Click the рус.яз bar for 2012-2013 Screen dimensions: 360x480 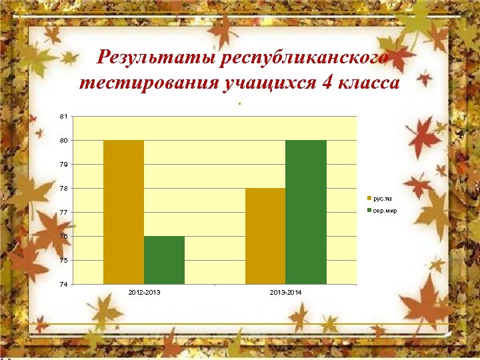[123, 212]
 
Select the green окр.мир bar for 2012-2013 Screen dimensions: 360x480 [164, 260]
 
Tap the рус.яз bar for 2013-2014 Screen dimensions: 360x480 [265, 236]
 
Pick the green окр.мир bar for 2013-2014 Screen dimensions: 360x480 [306, 212]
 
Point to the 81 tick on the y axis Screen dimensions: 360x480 [63, 117]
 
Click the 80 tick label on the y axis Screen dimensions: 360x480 [63, 141]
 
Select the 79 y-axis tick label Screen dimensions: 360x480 [63, 165]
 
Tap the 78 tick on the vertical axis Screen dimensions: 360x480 [63, 189]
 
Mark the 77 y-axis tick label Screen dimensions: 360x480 [63, 213]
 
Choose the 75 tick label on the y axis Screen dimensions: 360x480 [63, 261]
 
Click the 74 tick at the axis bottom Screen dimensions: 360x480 [63, 285]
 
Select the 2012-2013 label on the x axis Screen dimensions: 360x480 [143, 293]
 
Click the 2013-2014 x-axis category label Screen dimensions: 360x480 [285, 293]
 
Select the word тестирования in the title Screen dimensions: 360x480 [139, 83]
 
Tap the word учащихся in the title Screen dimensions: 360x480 [260, 83]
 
